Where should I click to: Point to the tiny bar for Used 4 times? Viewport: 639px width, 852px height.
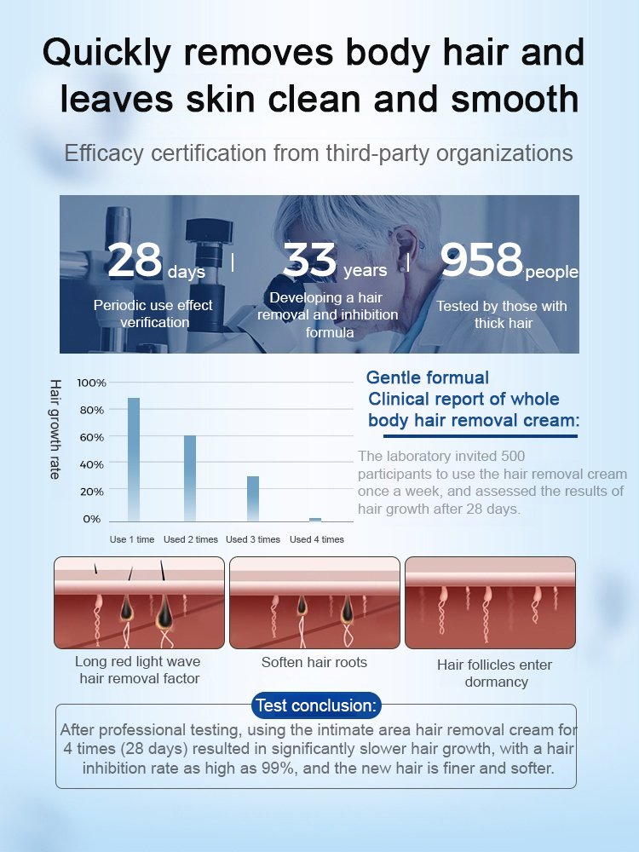[315, 519]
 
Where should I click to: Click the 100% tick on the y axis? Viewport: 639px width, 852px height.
[91, 383]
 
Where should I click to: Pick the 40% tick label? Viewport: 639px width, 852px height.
[91, 464]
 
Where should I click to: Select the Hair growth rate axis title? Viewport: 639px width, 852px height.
[55, 429]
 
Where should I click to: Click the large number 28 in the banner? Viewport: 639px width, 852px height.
[135, 261]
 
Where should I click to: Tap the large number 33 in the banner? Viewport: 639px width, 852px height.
[310, 260]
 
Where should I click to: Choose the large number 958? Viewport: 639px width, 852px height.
[481, 260]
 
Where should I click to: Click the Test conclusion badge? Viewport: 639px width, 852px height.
[316, 705]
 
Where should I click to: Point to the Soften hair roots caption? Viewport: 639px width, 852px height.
[314, 662]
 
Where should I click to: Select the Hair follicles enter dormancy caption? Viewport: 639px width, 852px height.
[494, 673]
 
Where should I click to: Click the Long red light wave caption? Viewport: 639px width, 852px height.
[139, 670]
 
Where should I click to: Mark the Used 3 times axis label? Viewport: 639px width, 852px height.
[253, 539]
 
